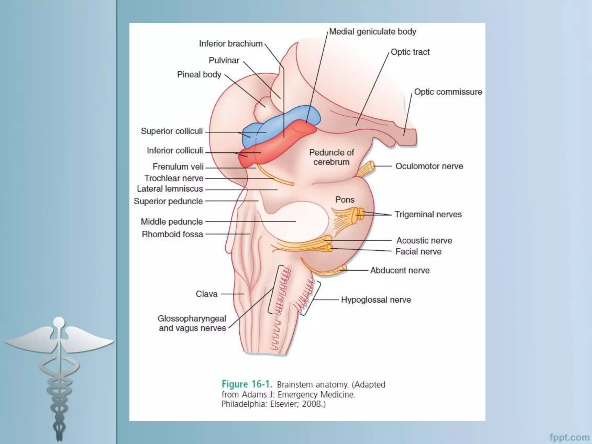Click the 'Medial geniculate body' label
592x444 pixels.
[373, 32]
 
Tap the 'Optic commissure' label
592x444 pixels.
[448, 92]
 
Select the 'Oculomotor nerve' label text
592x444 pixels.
[429, 166]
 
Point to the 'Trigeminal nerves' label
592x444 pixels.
[428, 214]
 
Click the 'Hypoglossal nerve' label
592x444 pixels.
[376, 300]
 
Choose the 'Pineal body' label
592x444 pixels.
[199, 75]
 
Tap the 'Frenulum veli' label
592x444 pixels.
[178, 167]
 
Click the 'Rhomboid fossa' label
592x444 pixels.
[173, 234]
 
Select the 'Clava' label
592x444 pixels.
[206, 294]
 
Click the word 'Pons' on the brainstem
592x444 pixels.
[345, 200]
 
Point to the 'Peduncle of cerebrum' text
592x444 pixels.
[332, 157]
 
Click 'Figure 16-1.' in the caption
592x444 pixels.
[247, 384]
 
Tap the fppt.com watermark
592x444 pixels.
[569, 437]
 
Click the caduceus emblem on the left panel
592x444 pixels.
[59, 373]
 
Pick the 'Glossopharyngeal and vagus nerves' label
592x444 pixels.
[192, 323]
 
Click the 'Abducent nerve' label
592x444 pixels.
[400, 271]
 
